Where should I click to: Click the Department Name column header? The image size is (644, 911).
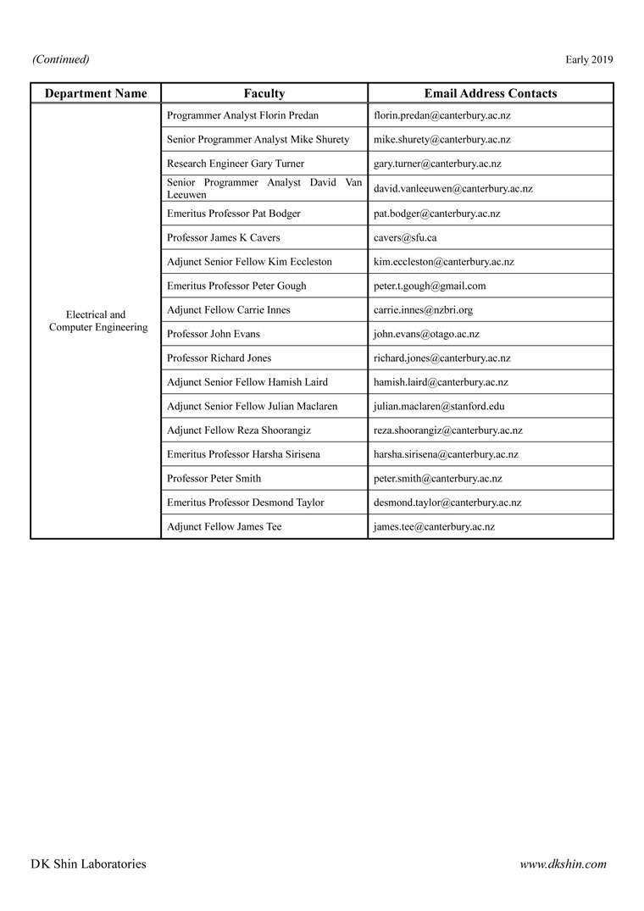coord(96,94)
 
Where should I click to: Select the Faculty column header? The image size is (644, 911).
coord(264,94)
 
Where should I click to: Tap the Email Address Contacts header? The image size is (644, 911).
coord(491,94)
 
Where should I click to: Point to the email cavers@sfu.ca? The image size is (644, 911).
coord(405,238)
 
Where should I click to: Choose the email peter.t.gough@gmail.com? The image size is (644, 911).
coord(430,286)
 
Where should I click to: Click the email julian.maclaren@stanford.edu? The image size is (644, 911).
coord(439,407)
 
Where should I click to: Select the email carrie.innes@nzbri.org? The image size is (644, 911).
coord(423,310)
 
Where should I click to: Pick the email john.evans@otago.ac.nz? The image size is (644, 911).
coord(426,335)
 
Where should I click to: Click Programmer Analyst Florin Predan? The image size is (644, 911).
coord(243,115)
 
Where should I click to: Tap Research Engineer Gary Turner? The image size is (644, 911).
coord(236,164)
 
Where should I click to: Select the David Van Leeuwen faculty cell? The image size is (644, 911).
coord(264,188)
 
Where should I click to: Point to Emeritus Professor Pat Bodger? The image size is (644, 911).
coord(234,214)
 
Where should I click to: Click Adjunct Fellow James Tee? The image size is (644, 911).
coord(225,527)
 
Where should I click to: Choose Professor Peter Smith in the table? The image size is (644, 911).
coord(214,479)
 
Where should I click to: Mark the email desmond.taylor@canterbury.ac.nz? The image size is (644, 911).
coord(447,503)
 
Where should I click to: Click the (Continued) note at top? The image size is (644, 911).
coord(61,59)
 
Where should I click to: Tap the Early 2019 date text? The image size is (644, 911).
coord(589,59)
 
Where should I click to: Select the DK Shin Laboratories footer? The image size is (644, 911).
coord(88,864)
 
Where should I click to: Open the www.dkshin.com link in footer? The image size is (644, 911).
coord(563,864)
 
